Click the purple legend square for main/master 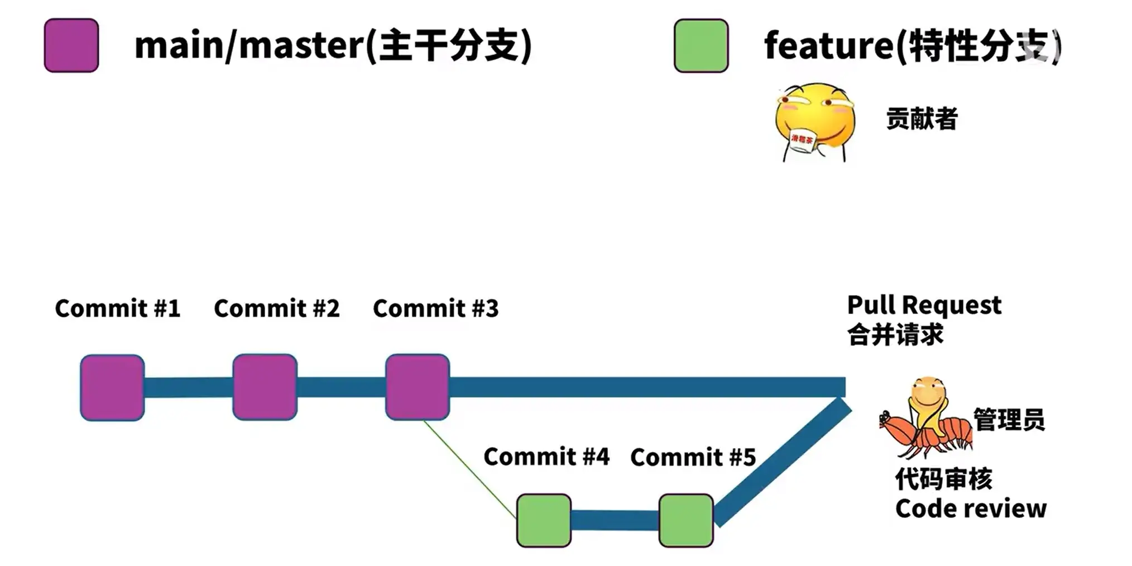pos(71,45)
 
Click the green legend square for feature pos(701,45)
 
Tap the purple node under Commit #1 pos(112,387)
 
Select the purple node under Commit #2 pos(265,387)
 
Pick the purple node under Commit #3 pos(418,387)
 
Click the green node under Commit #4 pos(544,520)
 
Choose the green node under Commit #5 pos(686,520)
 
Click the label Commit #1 pos(117,308)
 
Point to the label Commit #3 pos(435,308)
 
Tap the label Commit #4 pos(546,457)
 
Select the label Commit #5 pos(693,457)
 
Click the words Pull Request pos(924,305)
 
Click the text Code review pos(971,508)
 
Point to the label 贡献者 pos(922,118)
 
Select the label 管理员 pos(1009,419)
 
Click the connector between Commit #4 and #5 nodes pos(615,520)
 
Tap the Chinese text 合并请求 pos(895,335)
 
